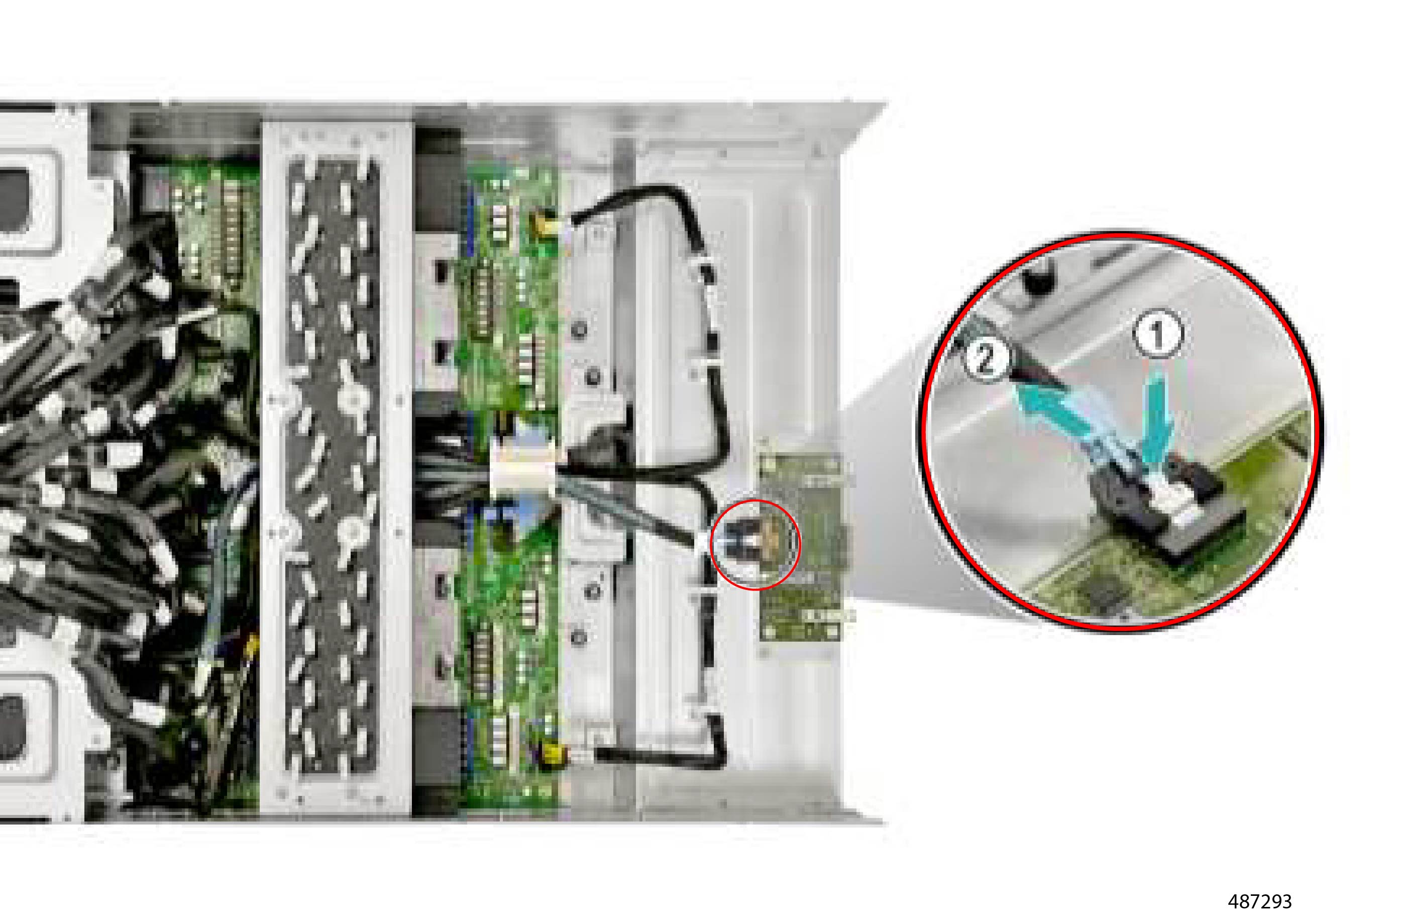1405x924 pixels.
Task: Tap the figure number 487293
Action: pos(1259,901)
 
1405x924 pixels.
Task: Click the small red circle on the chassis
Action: pos(755,544)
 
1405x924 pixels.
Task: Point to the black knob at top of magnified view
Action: pos(1040,279)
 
